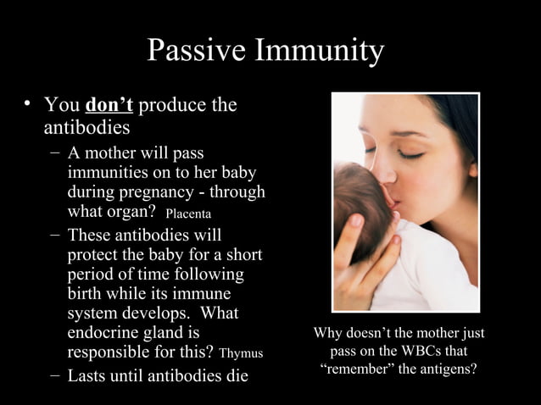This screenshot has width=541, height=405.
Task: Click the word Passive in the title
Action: (x=196, y=51)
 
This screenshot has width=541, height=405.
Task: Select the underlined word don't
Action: (x=109, y=106)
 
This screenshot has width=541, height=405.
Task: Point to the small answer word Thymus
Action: (x=241, y=353)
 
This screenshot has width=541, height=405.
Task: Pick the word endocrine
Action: (x=109, y=333)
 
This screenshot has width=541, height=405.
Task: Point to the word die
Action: (x=234, y=375)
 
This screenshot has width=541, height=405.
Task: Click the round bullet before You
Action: (x=28, y=105)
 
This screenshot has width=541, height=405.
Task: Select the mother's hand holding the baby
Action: (x=360, y=258)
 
